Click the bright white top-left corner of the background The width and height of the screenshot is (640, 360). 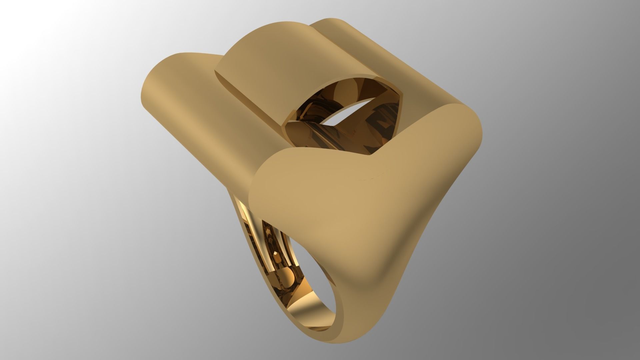point(10,10)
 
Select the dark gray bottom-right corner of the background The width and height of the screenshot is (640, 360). point(630,350)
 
